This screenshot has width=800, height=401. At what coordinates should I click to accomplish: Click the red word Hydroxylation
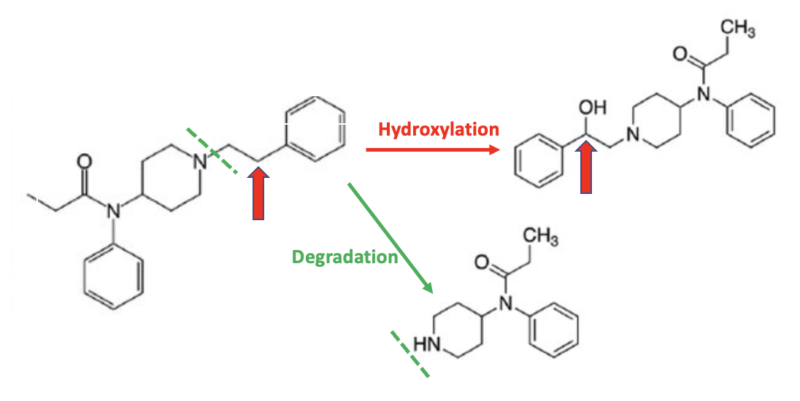coord(439,130)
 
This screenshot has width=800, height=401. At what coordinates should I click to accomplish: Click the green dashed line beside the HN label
coord(409,355)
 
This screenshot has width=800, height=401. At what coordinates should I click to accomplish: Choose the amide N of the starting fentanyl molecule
coord(112,211)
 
